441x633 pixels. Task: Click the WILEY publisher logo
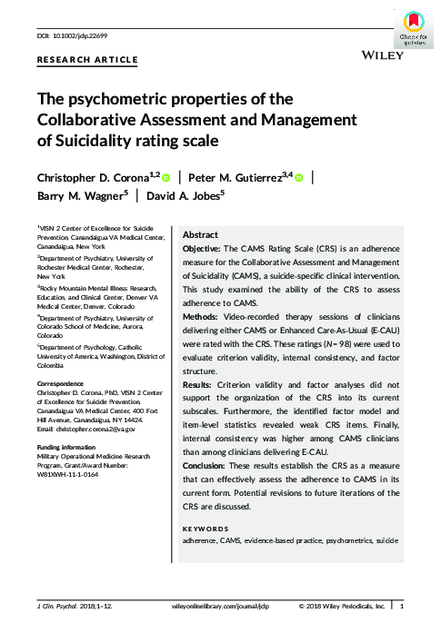(382, 56)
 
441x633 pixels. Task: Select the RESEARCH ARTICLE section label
(87, 60)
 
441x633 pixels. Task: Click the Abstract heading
(200, 234)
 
